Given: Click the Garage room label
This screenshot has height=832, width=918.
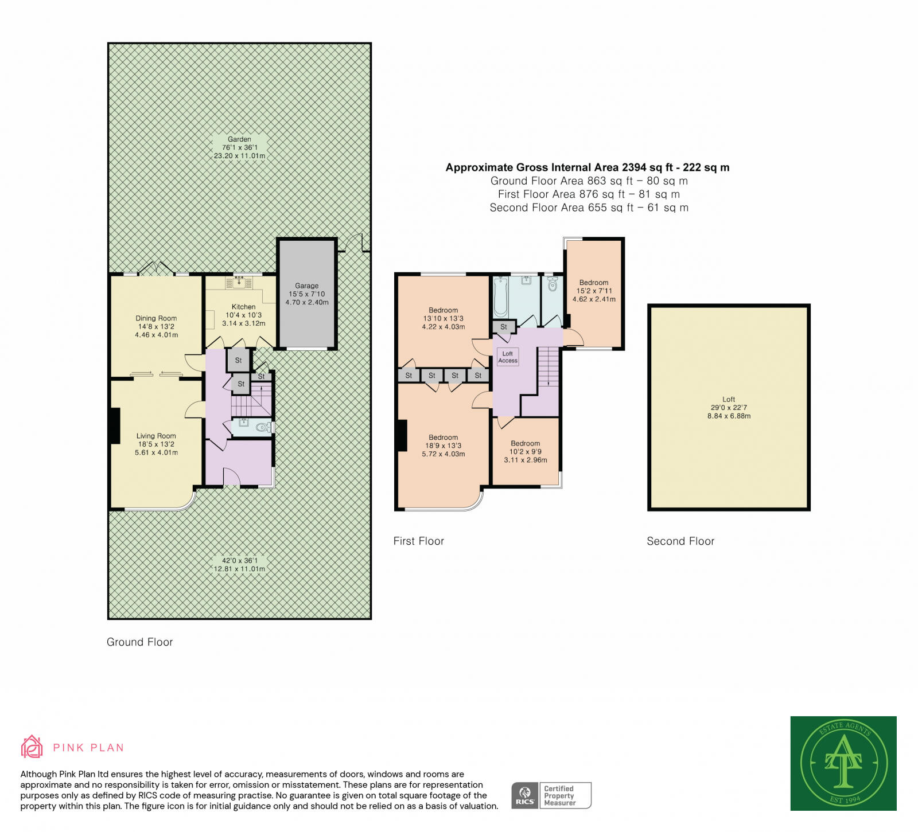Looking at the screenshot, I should point(306,286).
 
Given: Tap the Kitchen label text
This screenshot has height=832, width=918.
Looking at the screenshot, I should point(243,307).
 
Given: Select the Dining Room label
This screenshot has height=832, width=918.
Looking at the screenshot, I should point(156,318).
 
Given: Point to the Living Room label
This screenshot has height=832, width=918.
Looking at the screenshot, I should point(156,436).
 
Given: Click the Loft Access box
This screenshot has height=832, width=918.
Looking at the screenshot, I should point(508,357).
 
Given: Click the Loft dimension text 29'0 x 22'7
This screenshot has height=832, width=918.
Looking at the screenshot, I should point(729,408).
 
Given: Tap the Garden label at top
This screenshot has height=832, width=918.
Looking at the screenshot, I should point(239,139).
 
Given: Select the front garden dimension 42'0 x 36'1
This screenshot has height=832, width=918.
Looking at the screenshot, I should point(239,560).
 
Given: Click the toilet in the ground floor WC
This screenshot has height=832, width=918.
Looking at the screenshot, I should point(263,427).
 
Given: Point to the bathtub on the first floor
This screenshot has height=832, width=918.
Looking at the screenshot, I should point(500,297).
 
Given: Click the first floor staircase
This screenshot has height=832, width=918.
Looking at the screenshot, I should point(549,367).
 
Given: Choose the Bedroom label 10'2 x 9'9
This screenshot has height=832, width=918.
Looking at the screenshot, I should point(526,443).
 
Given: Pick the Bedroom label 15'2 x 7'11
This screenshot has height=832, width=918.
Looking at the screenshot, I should point(594,283).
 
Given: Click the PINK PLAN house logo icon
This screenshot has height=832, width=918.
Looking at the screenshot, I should point(32,747).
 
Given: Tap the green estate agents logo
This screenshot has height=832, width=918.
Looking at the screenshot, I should point(843,763).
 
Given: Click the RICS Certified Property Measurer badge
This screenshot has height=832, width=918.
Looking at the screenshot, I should point(551,795).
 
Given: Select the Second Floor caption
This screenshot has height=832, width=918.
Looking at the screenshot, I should point(680,541).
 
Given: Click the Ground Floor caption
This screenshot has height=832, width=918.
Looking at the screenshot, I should point(139,642).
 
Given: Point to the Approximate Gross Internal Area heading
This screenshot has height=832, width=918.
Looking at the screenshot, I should point(588,167).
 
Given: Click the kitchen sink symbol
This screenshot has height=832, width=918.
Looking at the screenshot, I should point(239,282).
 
